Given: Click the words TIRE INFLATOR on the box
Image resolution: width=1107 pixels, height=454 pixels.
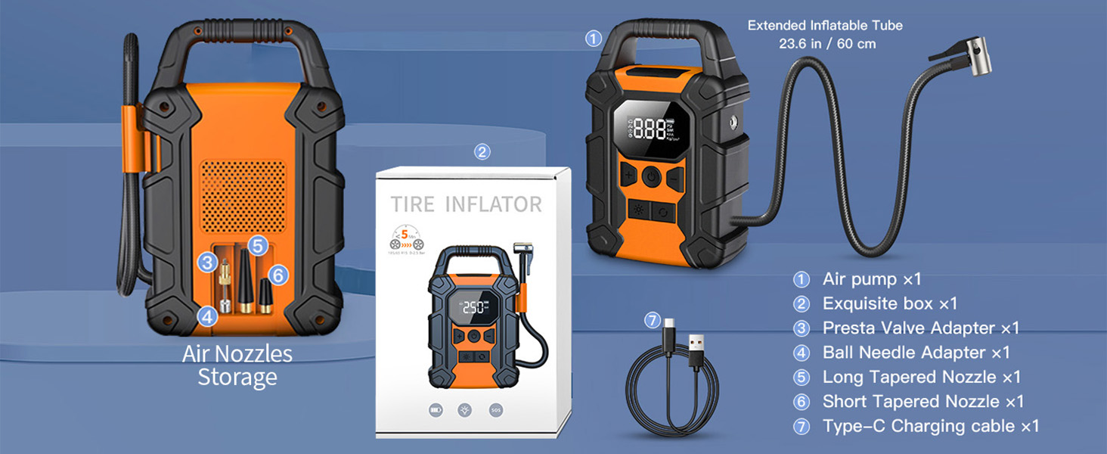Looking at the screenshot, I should pyautogui.click(x=466, y=204).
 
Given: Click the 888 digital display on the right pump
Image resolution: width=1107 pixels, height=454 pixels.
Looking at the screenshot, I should pyautogui.click(x=650, y=129).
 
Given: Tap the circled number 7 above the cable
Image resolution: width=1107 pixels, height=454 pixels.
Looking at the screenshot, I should pyautogui.click(x=653, y=321).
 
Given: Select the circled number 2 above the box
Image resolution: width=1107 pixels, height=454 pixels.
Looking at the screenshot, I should pyautogui.click(x=482, y=151).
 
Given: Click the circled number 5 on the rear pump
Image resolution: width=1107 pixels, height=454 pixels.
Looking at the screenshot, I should pyautogui.click(x=258, y=245).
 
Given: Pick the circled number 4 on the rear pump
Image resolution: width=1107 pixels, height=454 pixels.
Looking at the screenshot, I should pyautogui.click(x=207, y=316).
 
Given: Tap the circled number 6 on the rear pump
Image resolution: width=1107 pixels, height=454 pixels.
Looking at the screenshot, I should pyautogui.click(x=278, y=275).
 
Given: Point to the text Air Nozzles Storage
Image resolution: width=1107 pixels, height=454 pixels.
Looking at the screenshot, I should pyautogui.click(x=237, y=365).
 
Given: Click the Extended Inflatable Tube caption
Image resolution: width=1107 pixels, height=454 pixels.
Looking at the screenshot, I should pyautogui.click(x=826, y=34).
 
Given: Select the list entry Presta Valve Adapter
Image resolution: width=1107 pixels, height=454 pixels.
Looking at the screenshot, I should pyautogui.click(x=919, y=328).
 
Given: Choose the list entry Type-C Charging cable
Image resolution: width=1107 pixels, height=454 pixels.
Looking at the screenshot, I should pyautogui.click(x=929, y=426).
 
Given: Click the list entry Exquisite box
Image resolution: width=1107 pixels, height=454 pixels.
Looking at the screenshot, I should pyautogui.click(x=889, y=303).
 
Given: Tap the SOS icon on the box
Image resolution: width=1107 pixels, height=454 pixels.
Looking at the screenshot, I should pyautogui.click(x=495, y=410).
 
